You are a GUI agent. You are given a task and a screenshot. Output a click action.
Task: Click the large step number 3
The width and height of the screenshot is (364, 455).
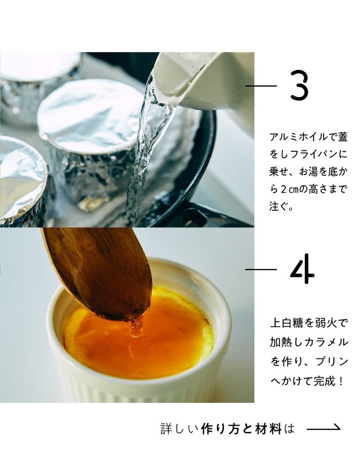point(299,86)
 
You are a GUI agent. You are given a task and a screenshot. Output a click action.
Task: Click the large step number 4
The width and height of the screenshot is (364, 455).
point(302,269)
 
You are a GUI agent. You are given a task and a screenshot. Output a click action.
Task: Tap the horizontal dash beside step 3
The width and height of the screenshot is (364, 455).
point(261,86)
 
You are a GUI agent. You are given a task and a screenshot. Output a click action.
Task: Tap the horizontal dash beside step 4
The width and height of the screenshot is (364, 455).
point(261,269)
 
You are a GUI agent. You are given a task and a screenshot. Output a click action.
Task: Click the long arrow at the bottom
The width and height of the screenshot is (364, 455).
point(324,427)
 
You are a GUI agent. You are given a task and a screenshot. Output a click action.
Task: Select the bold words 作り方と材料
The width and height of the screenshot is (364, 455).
point(241,429)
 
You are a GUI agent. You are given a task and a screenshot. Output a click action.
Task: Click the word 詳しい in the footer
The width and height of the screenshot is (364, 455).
point(179,429)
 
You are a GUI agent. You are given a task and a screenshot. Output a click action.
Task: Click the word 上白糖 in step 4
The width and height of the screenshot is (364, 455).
point(287,323)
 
